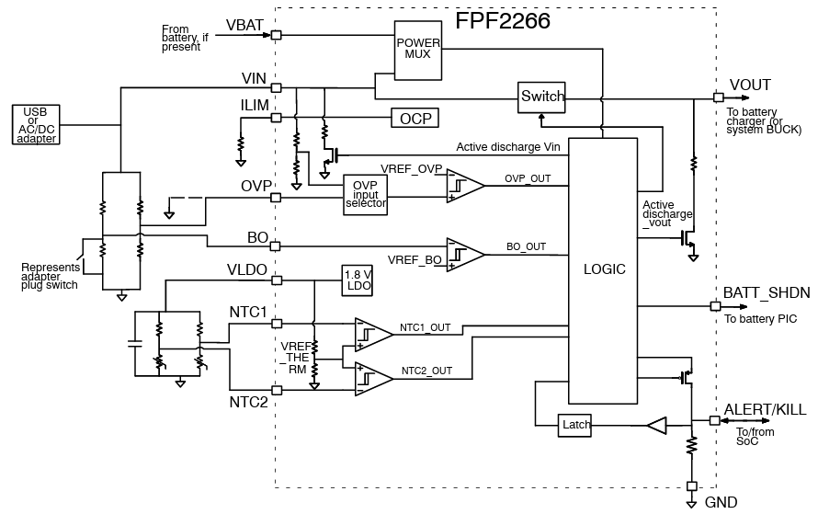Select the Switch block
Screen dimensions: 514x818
[x=542, y=97]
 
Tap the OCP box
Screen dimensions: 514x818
[x=415, y=118]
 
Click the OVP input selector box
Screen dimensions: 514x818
[x=366, y=195]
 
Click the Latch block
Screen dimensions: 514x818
[x=575, y=425]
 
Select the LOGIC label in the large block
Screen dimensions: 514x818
[x=604, y=269]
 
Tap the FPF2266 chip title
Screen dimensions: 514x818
[x=503, y=21]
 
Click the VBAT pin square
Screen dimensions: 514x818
[x=276, y=35]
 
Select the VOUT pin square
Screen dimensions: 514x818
[x=718, y=97]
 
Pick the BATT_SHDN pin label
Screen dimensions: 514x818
[x=767, y=292]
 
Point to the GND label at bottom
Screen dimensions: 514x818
[x=721, y=502]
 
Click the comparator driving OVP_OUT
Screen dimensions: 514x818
[x=464, y=186]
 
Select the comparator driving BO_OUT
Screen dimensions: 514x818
[x=464, y=254]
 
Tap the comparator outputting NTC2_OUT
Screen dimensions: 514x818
[x=373, y=377]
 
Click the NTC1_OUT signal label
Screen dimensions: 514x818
[x=426, y=327]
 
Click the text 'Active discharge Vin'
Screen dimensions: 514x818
[x=508, y=147]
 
